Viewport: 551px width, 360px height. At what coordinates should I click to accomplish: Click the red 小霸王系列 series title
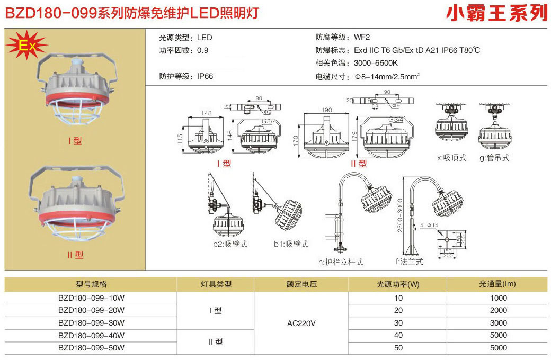(496, 12)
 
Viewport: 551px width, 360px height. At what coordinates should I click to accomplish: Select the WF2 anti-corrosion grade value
(362, 37)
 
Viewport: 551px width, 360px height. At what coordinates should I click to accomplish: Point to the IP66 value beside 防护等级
(205, 76)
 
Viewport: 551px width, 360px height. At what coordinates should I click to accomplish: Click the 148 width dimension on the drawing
(207, 113)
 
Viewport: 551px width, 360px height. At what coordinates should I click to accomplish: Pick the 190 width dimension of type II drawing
(327, 110)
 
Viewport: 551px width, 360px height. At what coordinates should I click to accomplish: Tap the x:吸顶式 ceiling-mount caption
(451, 158)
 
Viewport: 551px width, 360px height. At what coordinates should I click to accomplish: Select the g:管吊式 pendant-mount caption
(494, 158)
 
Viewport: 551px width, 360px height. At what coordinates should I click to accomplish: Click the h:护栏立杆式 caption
(341, 262)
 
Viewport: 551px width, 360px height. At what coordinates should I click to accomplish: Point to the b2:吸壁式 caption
(230, 244)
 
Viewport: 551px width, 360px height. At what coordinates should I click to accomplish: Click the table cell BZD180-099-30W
(91, 322)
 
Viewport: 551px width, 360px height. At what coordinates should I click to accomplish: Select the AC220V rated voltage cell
(301, 322)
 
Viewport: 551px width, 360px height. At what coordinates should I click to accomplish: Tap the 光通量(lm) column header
(498, 284)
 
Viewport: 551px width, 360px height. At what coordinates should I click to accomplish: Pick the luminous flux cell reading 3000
(499, 322)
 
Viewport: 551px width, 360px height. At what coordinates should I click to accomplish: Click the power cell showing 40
(398, 335)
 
